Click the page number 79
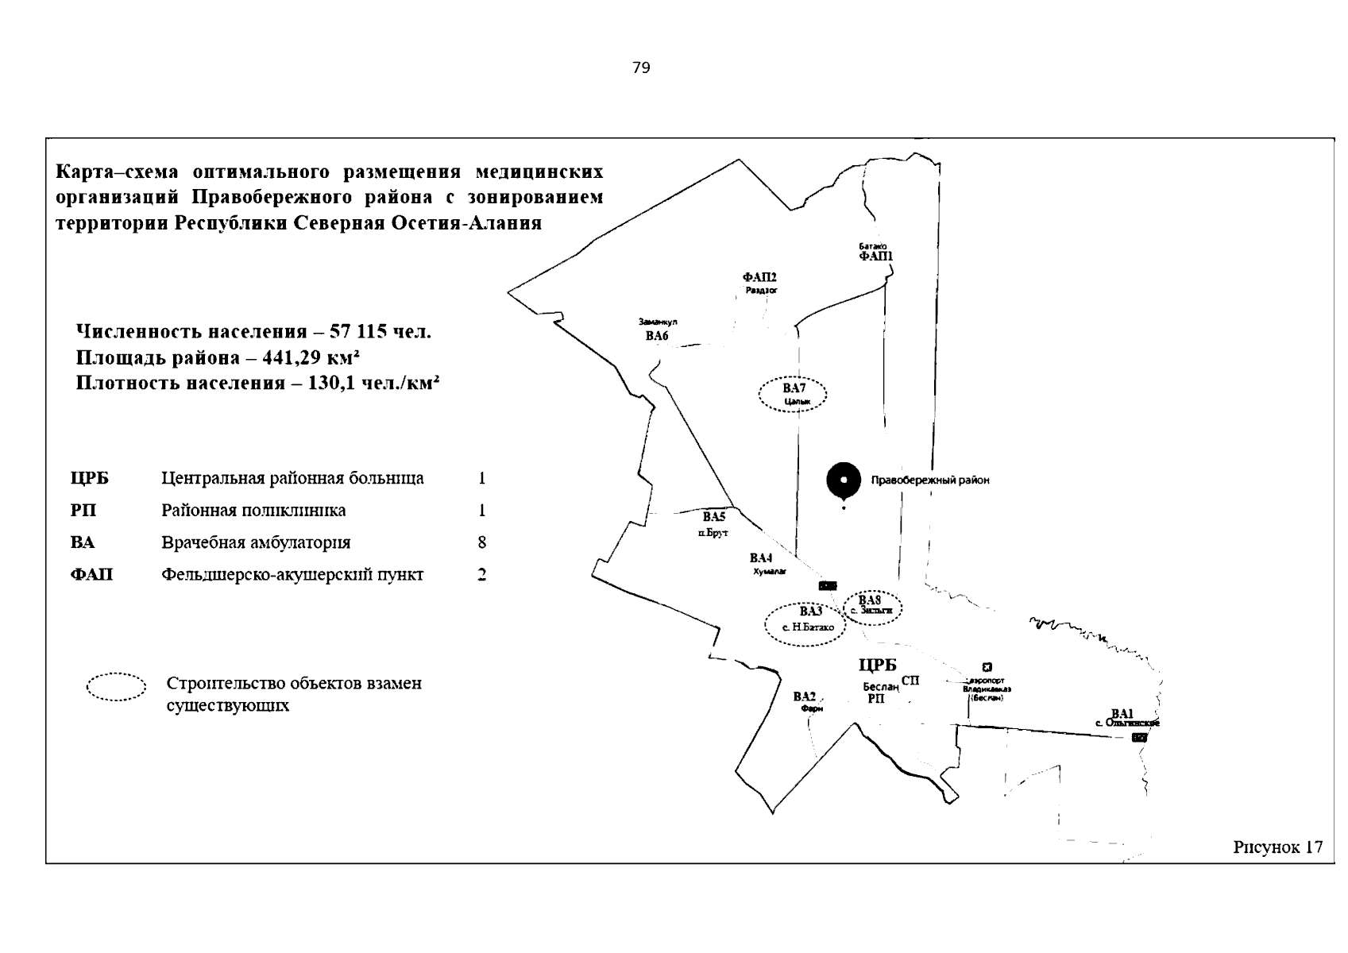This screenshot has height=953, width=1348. tap(641, 68)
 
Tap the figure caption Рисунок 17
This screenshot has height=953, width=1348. tap(1277, 847)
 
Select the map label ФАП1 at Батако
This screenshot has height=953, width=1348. tap(875, 257)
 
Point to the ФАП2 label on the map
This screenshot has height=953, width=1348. tap(759, 277)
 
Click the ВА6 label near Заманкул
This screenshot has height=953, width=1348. tap(657, 336)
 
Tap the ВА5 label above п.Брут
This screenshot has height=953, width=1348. tap(714, 517)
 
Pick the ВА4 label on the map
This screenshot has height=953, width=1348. tap(761, 558)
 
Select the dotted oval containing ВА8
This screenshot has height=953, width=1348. tap(872, 607)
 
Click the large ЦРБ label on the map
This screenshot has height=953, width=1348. tap(877, 666)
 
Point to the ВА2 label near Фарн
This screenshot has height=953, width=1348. tap(805, 696)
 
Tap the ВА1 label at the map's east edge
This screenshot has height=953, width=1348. tap(1122, 713)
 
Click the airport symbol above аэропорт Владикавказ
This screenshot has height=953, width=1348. tap(987, 667)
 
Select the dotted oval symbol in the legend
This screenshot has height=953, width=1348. tap(116, 688)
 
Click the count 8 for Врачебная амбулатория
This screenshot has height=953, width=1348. tap(481, 543)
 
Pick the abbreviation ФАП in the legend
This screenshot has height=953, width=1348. tap(91, 575)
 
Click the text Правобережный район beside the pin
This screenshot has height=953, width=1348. tap(930, 480)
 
